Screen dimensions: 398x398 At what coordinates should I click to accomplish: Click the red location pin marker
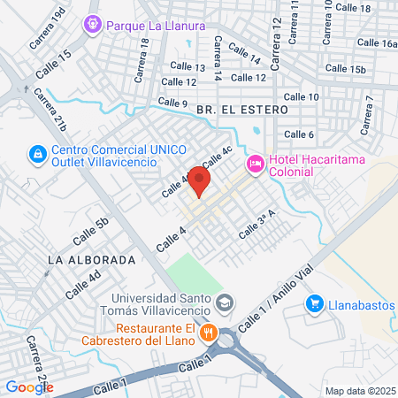(199, 182)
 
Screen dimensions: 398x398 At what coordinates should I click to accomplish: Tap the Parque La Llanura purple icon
(93, 25)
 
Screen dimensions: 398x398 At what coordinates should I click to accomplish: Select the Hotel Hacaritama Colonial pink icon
(256, 163)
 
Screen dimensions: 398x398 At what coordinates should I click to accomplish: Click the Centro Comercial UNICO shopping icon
(36, 155)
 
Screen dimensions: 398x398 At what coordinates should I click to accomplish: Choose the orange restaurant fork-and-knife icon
(209, 333)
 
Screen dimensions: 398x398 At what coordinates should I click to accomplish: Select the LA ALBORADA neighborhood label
(92, 260)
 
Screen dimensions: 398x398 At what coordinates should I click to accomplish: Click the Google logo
(29, 386)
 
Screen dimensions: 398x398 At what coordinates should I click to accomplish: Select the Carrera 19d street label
(47, 28)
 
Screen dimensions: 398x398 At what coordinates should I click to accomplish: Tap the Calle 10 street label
(302, 96)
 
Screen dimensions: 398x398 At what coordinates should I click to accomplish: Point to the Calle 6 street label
(299, 134)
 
